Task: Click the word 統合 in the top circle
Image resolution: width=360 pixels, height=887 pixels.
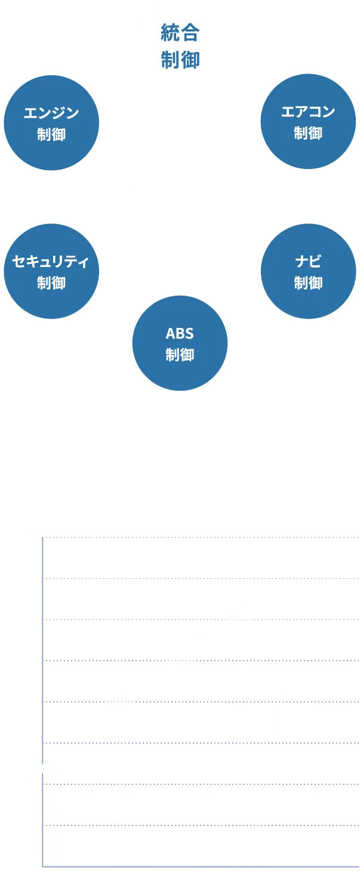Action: tap(180, 33)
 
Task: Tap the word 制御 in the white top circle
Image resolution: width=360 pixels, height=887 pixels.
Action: tap(180, 60)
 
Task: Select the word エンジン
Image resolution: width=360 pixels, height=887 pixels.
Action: tap(51, 112)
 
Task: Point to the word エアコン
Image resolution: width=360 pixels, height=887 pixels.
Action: tap(308, 111)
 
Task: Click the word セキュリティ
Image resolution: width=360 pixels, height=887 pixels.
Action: tap(51, 261)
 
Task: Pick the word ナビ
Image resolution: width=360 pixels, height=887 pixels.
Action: tap(308, 261)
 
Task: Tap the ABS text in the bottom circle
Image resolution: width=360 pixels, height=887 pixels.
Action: tap(180, 333)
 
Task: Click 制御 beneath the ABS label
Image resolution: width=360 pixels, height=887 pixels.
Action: tap(180, 355)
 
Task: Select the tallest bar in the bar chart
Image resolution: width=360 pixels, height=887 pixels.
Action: tap(331, 755)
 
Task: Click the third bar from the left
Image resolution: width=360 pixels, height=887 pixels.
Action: tap(136, 810)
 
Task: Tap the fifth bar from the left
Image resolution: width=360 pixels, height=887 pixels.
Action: tap(215, 788)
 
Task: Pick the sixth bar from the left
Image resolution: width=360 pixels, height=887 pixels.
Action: tap(253, 776)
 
